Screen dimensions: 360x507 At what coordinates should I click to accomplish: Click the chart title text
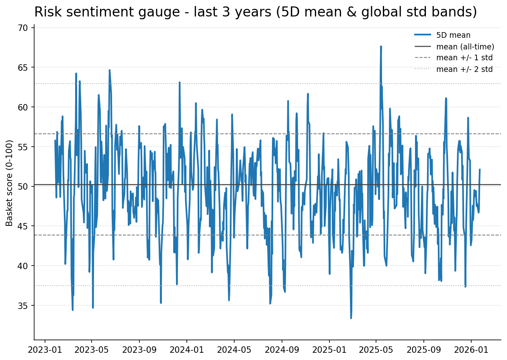(x=256, y=12)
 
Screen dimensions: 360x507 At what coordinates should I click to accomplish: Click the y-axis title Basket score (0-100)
(x=10, y=183)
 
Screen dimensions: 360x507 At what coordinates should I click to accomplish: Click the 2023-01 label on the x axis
(x=45, y=350)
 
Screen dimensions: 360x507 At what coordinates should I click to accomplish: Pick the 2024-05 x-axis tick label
(x=234, y=350)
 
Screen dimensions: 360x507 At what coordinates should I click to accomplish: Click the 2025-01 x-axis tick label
(x=329, y=350)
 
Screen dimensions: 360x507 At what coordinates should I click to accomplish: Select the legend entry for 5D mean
(x=453, y=35)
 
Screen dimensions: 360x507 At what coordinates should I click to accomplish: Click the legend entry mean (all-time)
(x=465, y=47)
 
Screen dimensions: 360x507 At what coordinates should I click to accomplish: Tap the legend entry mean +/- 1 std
(x=464, y=58)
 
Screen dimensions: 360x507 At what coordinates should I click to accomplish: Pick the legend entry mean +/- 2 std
(x=464, y=69)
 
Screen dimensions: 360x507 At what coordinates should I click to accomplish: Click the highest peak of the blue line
(x=381, y=46)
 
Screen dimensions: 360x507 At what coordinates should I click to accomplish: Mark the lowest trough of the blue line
(x=351, y=318)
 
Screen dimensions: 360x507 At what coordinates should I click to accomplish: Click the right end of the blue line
(x=480, y=169)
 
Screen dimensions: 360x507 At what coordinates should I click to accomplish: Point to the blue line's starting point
(x=55, y=140)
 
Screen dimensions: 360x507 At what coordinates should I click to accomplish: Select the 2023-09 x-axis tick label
(x=139, y=350)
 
